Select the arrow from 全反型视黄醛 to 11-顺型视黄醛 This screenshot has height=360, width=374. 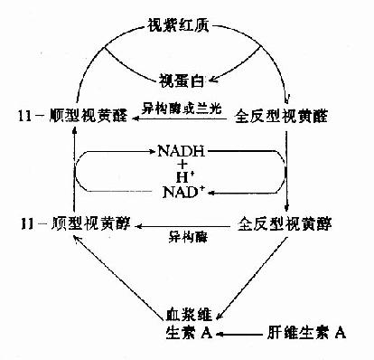pos(172,118)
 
